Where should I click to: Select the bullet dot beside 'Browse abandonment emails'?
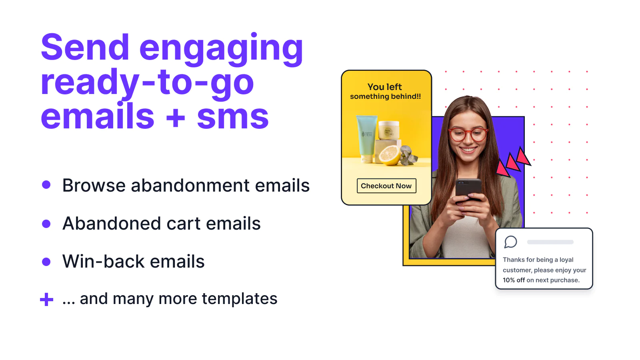point(46,184)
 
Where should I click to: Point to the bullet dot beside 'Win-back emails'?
point(46,262)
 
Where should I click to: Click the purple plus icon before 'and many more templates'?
point(46,300)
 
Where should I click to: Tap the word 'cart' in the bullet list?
point(184,223)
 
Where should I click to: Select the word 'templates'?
point(240,299)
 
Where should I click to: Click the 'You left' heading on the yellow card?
point(384,86)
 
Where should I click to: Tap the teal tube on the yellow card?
point(366,138)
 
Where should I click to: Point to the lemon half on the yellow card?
point(390,155)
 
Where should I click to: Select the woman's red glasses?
point(468,134)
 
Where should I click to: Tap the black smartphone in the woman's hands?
point(468,190)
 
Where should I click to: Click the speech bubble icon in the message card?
point(510,242)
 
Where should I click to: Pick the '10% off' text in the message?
point(514,280)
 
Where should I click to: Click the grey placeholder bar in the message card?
point(550,242)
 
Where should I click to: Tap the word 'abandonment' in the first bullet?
point(190,185)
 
